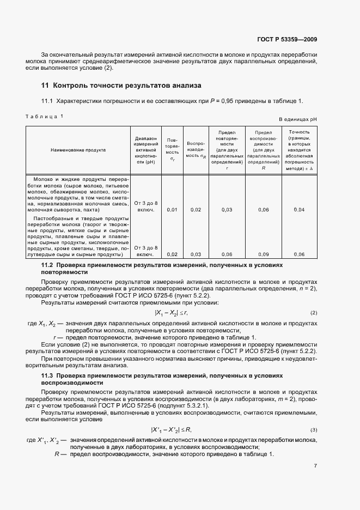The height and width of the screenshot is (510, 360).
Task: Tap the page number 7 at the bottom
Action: pos(315,466)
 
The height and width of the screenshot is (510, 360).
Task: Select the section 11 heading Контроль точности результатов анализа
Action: pos(121,86)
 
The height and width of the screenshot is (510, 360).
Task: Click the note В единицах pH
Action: pos(298,119)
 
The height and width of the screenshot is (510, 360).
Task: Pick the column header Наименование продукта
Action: pos(78,149)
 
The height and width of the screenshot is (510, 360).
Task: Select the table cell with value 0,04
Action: pos(299,209)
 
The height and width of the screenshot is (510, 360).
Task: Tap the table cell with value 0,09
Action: pos(264,254)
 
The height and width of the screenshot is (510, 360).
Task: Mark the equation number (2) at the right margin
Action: pos(314,312)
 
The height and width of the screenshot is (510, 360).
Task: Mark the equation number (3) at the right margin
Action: pos(314,430)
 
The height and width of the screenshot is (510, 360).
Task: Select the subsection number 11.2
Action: pos(49,264)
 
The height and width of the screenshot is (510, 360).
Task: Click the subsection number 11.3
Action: pos(49,376)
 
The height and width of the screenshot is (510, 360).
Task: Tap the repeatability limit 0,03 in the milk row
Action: pos(227,209)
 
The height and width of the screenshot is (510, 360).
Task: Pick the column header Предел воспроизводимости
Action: pos(264,150)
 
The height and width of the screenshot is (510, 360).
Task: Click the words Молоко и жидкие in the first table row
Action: pos(58,179)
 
